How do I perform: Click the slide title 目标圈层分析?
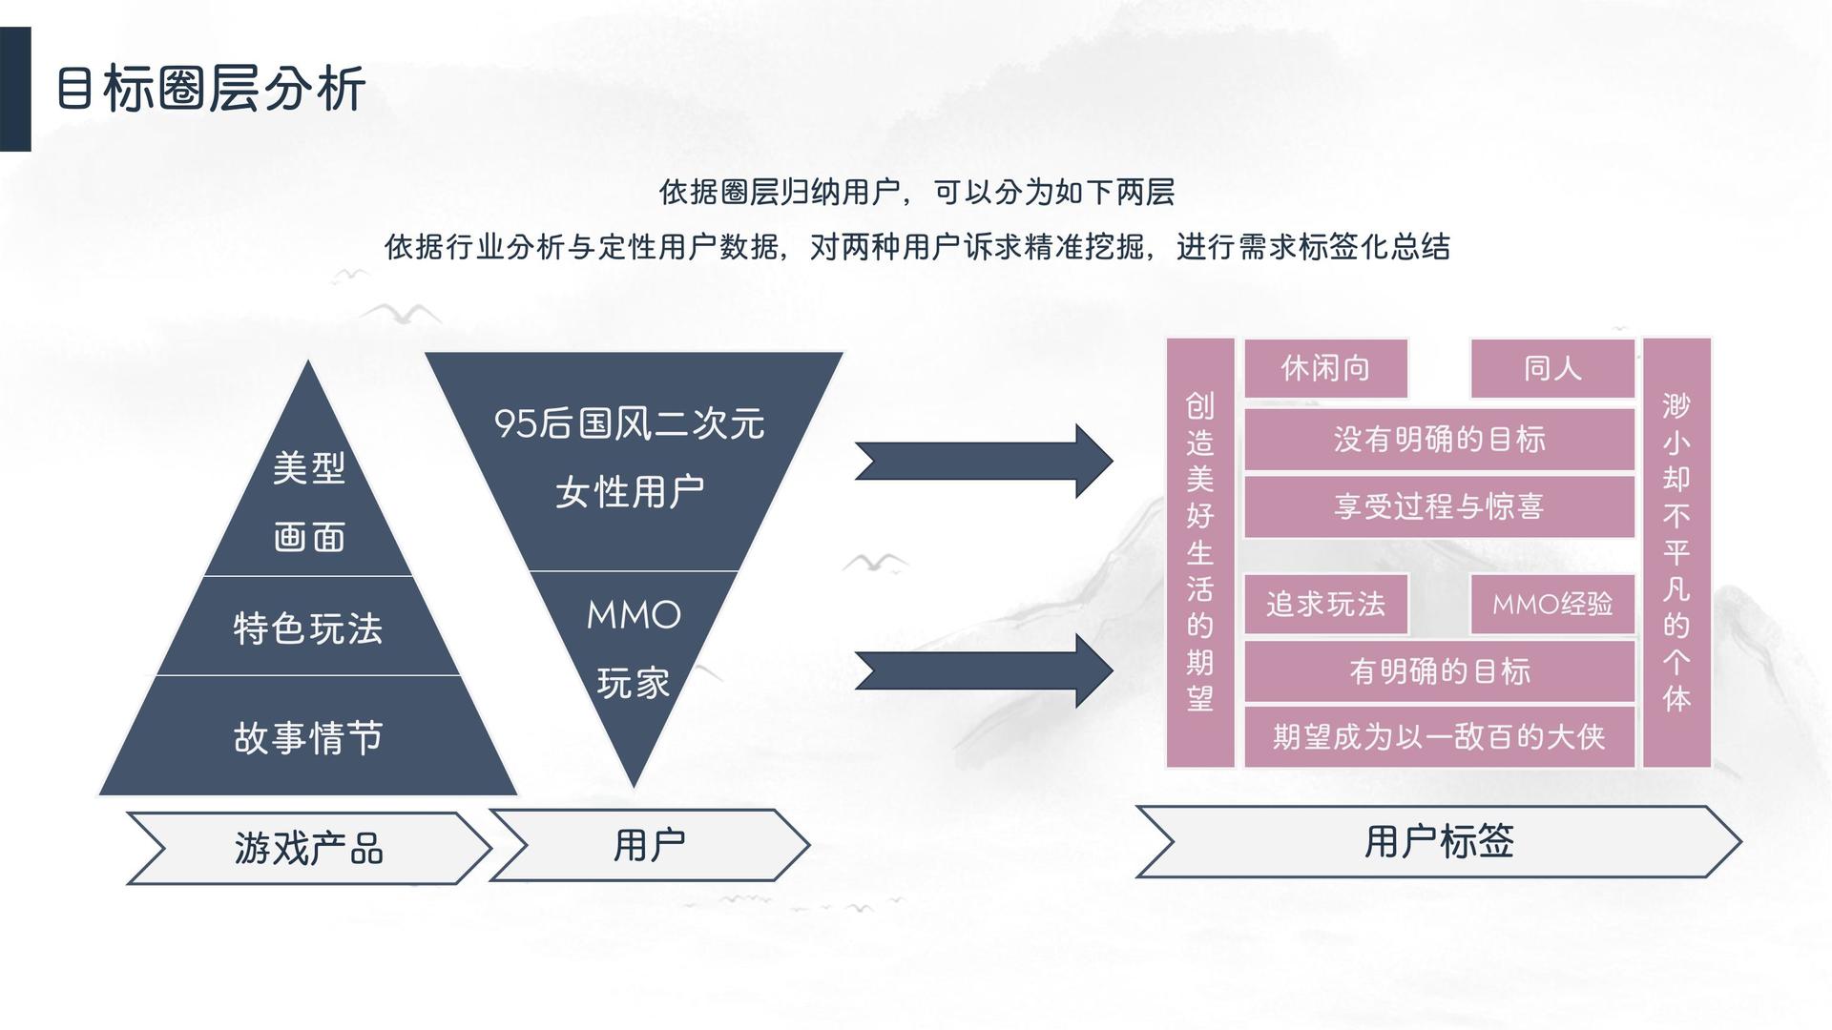[x=211, y=90]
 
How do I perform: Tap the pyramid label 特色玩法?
[x=308, y=628]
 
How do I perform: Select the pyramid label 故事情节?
[x=308, y=737]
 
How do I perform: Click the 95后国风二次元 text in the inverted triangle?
[x=630, y=423]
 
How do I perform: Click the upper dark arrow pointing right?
[x=984, y=462]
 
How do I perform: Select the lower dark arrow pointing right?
[x=984, y=670]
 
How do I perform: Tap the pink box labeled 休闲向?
[x=1325, y=368]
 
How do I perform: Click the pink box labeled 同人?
[x=1552, y=368]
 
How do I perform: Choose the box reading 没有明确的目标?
[x=1440, y=440]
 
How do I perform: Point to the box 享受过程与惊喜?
[x=1440, y=506]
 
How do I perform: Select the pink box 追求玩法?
[x=1325, y=604]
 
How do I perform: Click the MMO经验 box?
[x=1552, y=604]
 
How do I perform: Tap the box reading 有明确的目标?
[x=1440, y=671]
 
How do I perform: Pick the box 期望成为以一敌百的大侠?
[x=1440, y=736]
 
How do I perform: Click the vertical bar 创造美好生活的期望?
[x=1200, y=552]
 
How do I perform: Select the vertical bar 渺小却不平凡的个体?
[x=1676, y=552]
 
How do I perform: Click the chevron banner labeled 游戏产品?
[x=308, y=848]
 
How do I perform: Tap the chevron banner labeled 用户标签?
[x=1439, y=841]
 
